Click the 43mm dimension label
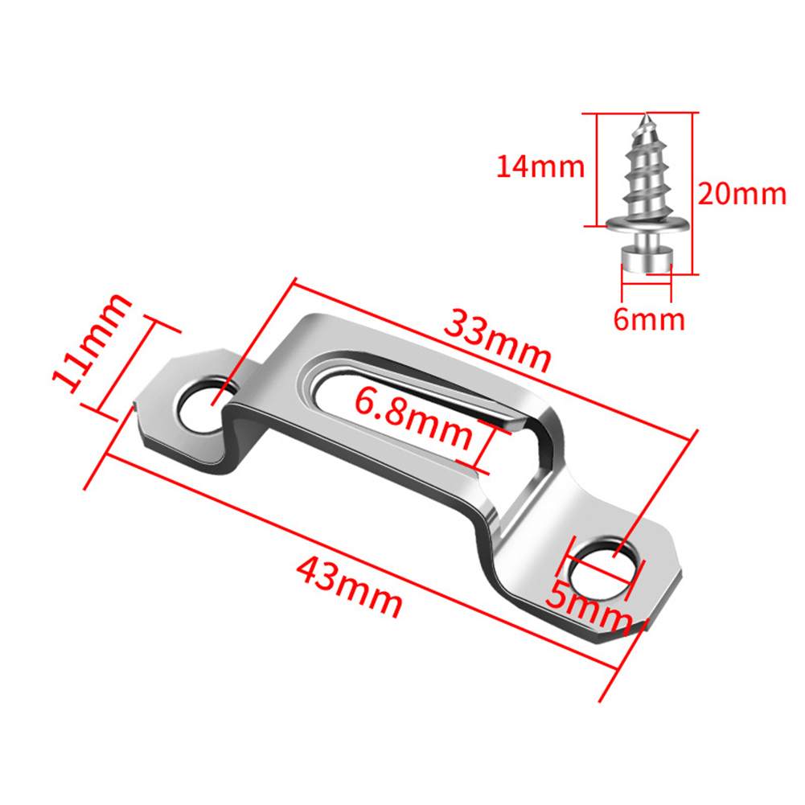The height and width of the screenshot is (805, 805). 348,587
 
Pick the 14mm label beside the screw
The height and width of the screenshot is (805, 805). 540,167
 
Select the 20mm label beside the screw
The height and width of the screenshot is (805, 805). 741,194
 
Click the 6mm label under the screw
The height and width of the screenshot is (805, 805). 649,319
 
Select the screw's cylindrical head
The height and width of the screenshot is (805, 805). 646,259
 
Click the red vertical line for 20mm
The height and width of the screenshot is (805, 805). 692,193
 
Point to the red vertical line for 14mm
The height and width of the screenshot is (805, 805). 597,169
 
